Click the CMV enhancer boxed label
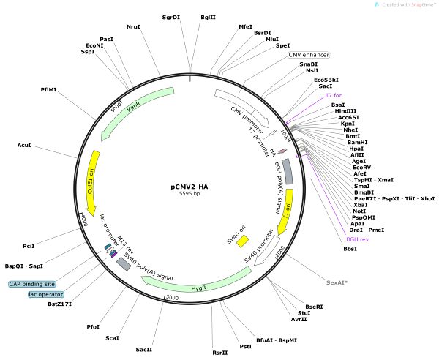coord(308,55)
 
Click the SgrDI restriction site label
coord(170,16)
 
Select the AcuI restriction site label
coord(24,146)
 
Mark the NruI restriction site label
coord(133,27)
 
